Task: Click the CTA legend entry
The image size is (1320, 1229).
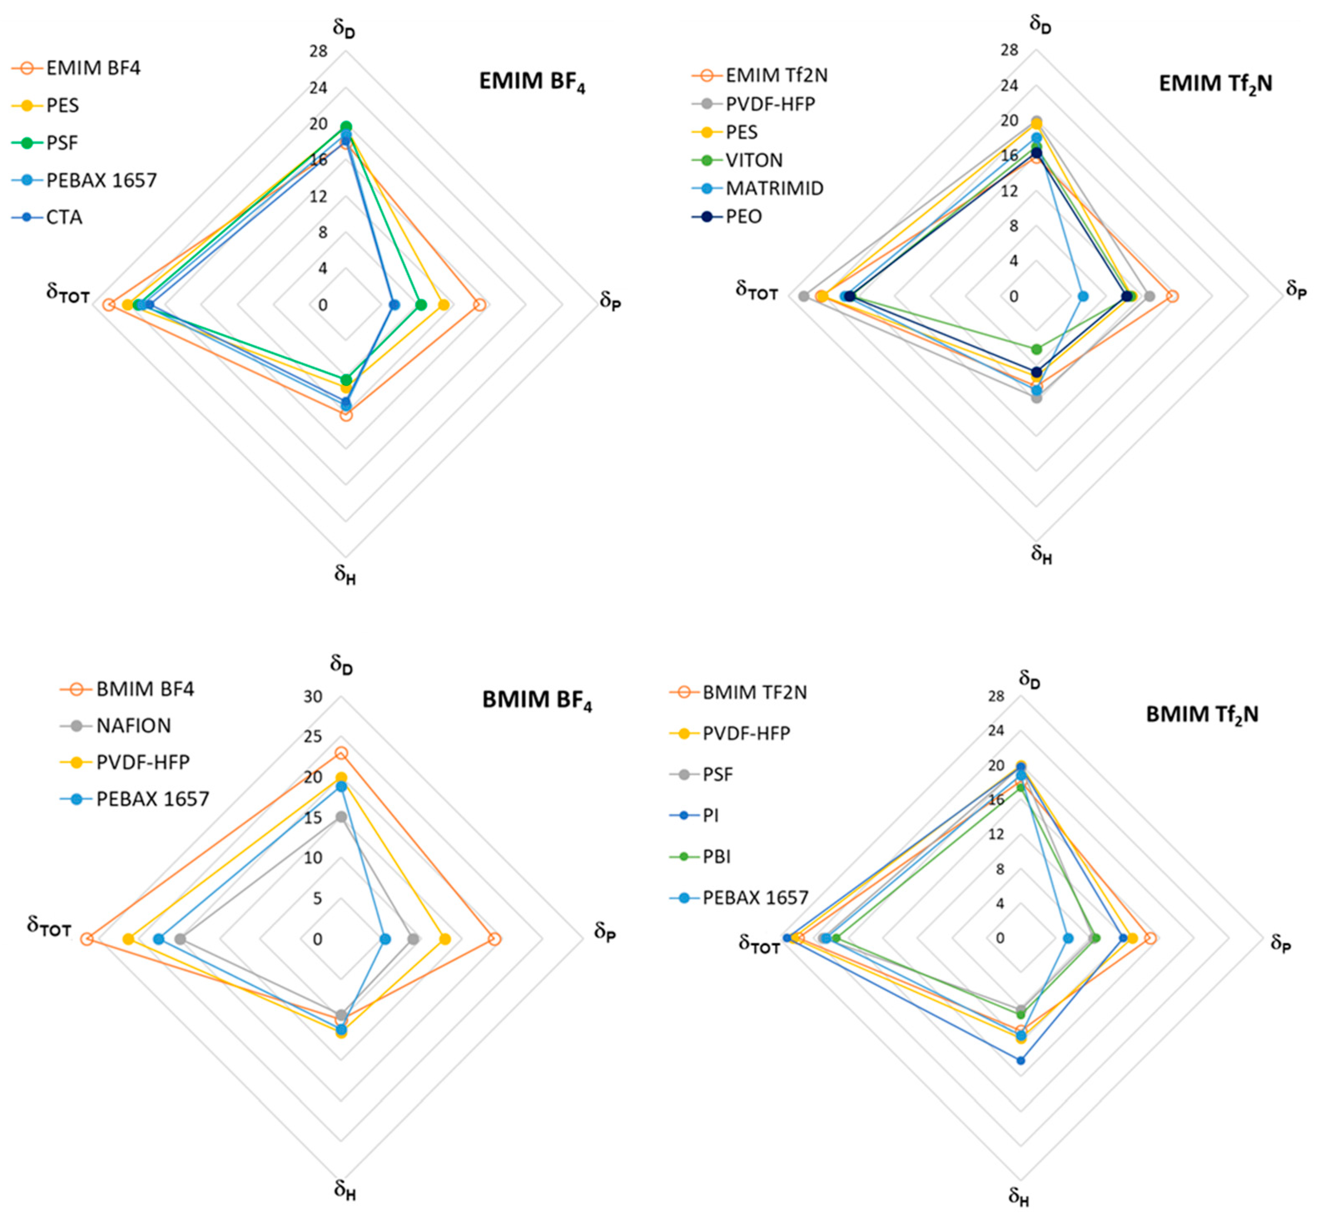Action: pos(64,217)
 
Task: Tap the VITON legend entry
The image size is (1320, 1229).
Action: pos(754,160)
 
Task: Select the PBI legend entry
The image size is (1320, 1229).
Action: pos(717,857)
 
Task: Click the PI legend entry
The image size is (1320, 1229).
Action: pos(710,815)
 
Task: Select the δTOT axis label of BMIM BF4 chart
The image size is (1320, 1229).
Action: pos(49,927)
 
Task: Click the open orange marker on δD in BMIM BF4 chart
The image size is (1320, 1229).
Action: pos(341,753)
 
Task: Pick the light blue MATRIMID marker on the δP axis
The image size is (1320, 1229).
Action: pos(1083,296)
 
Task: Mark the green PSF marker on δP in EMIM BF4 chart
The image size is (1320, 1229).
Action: pos(420,305)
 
